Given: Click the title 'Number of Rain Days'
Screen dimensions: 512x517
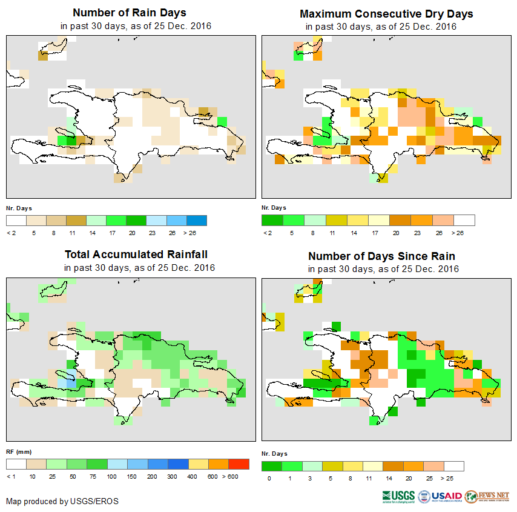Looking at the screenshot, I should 130,13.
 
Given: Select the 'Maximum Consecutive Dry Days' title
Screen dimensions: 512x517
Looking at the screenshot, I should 386,14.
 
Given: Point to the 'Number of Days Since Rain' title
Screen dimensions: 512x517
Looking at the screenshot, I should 381,256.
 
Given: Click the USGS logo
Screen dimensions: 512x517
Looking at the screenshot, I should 398,496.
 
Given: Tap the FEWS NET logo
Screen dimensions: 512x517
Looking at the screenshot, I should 488,496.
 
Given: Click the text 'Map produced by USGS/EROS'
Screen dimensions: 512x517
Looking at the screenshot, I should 62,501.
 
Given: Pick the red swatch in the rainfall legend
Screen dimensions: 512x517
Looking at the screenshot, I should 239,464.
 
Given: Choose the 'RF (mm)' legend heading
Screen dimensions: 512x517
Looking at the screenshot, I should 19,451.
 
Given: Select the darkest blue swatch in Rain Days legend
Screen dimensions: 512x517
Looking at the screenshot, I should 197,220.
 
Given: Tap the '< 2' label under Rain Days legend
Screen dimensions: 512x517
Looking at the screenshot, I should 11,232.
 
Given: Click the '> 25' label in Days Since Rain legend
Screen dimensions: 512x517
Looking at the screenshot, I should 454,479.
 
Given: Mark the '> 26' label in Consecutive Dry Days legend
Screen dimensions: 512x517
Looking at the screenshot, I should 465,232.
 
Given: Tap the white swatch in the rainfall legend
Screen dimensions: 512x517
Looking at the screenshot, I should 16,464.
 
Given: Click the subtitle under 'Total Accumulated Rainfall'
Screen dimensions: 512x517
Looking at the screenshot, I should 139,268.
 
